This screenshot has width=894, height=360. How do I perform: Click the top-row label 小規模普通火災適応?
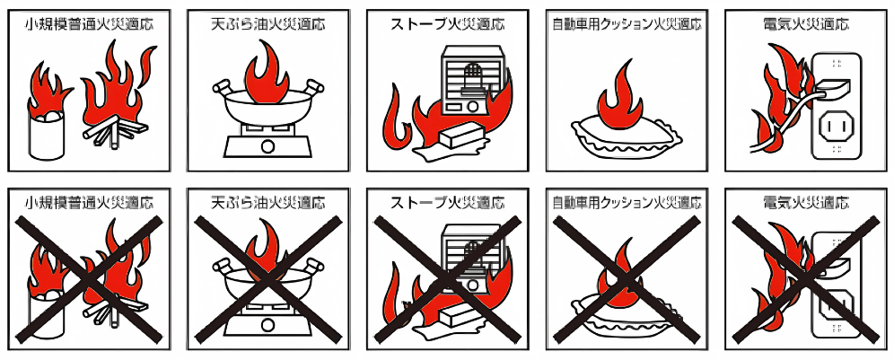tap(89, 23)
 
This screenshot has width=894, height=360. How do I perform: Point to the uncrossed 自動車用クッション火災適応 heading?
tap(626, 23)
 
